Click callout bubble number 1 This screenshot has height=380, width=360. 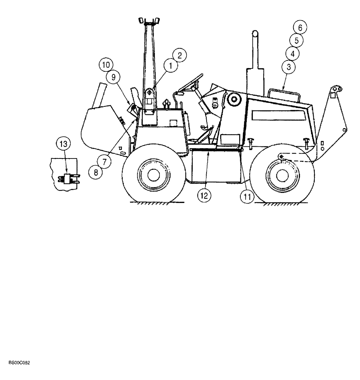pyautogui.click(x=171, y=66)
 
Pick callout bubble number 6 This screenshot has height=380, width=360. pyautogui.click(x=292, y=53)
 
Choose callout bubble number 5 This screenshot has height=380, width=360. pyautogui.click(x=296, y=40)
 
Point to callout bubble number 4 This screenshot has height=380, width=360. pyautogui.click(x=300, y=27)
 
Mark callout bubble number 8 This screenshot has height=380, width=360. pyautogui.click(x=96, y=171)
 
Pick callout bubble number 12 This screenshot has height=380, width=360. pyautogui.click(x=204, y=196)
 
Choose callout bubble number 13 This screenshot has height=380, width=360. pyautogui.click(x=63, y=144)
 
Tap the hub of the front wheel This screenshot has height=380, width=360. pyautogui.click(x=153, y=174)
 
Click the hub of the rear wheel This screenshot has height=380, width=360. pyautogui.click(x=281, y=174)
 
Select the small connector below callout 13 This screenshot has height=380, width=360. pyautogui.click(x=69, y=177)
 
